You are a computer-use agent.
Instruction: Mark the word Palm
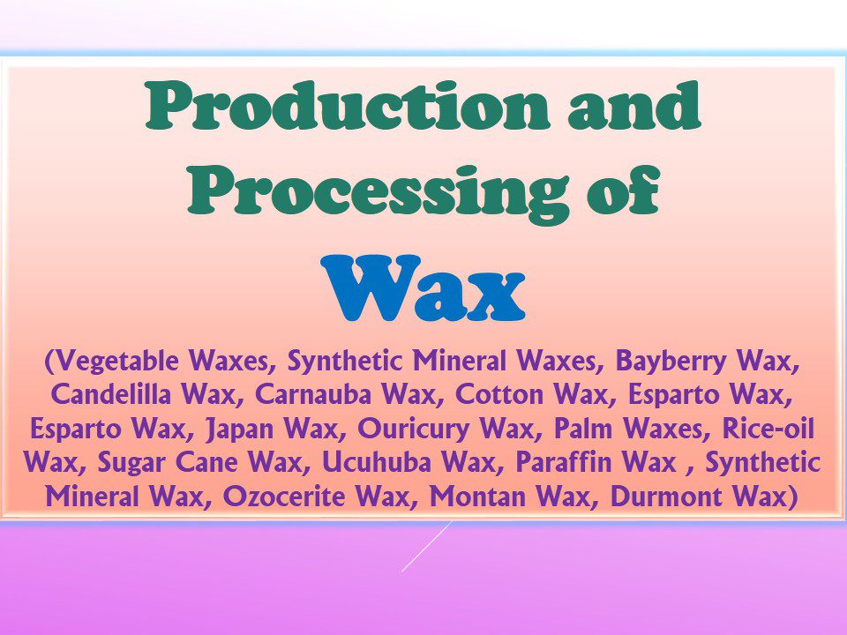coord(583,428)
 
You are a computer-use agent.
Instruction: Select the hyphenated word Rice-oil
coord(768,428)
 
